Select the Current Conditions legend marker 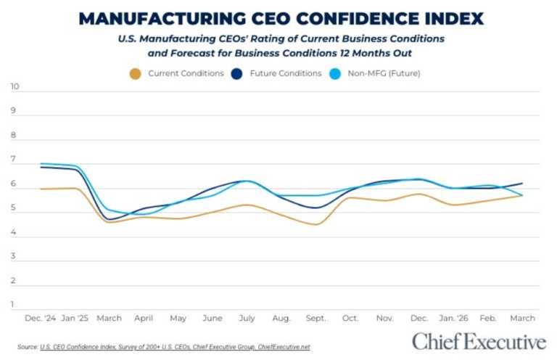tap(135, 73)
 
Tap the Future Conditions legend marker tap(236, 73)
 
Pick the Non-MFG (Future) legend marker tap(335, 73)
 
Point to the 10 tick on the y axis tap(15, 87)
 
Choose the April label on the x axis tap(144, 319)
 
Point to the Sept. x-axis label tap(315, 319)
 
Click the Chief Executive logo tap(479, 342)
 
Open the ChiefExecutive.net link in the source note tap(284, 348)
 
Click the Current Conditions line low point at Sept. tap(315, 224)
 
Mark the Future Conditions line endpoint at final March tap(523, 184)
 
